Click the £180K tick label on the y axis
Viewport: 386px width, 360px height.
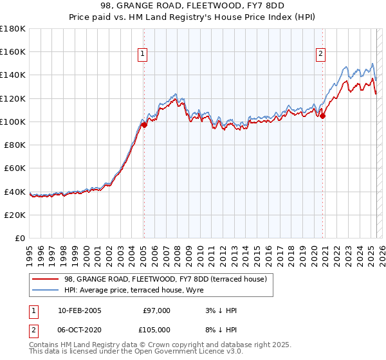[x=13, y=29]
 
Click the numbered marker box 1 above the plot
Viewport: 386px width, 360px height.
[x=142, y=55]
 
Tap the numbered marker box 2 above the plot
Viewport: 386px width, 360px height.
[x=320, y=55]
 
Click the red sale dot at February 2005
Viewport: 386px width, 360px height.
[x=144, y=125]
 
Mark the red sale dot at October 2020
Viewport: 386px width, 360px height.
[x=323, y=116]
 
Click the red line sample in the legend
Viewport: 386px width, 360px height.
[x=45, y=279]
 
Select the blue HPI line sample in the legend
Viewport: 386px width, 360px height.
[x=45, y=290]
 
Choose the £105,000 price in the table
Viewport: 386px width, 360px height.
[x=156, y=330]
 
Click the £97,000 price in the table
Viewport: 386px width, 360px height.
[x=156, y=310]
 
